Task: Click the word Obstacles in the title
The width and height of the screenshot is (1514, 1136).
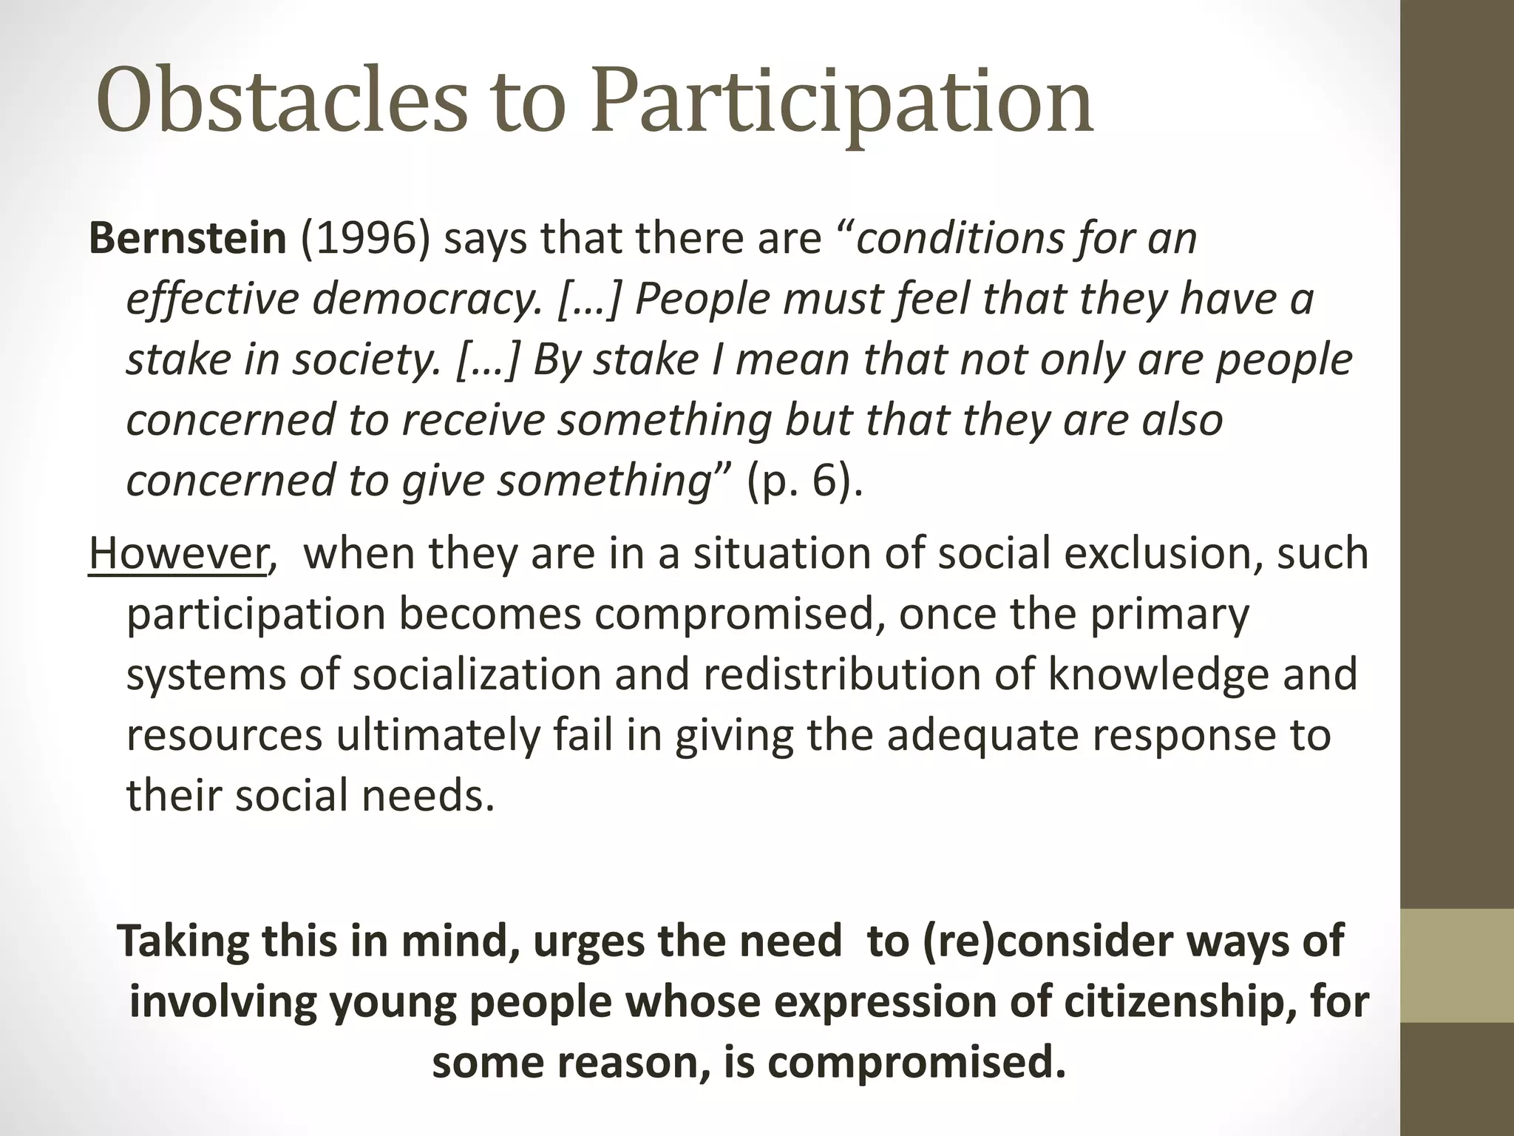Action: pyautogui.click(x=281, y=102)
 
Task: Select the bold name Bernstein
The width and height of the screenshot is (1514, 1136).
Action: pyautogui.click(x=187, y=238)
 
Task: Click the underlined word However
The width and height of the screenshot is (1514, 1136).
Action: pyautogui.click(x=177, y=553)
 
